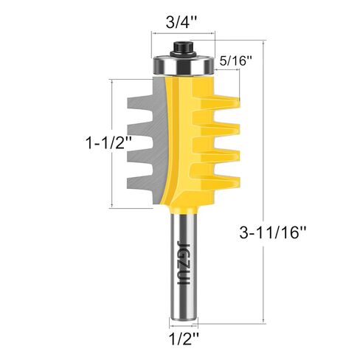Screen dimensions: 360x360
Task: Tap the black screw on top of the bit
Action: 182,49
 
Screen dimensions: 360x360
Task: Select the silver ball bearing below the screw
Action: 182,66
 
